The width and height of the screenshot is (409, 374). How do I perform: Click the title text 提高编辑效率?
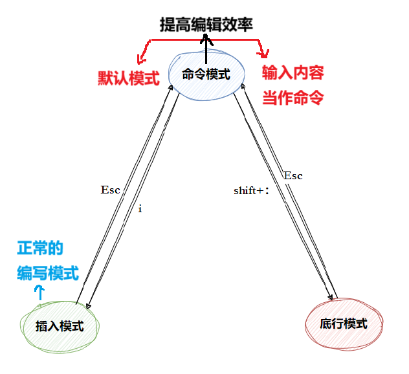[206, 25]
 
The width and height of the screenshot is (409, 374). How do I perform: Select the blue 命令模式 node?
[206, 75]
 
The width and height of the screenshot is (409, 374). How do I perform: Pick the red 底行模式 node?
[343, 324]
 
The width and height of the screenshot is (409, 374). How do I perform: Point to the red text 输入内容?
[293, 72]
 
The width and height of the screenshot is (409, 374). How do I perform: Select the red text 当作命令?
[293, 98]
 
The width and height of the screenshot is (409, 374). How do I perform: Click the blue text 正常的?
[40, 248]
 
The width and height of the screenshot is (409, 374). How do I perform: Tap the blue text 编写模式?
[48, 274]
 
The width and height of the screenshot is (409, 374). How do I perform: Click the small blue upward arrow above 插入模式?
[39, 292]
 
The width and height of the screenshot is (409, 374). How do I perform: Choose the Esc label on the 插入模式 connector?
[111, 190]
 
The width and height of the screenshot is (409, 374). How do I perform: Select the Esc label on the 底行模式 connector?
[293, 176]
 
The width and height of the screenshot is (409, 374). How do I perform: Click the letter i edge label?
[140, 210]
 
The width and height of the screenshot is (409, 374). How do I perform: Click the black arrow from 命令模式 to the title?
[207, 47]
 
